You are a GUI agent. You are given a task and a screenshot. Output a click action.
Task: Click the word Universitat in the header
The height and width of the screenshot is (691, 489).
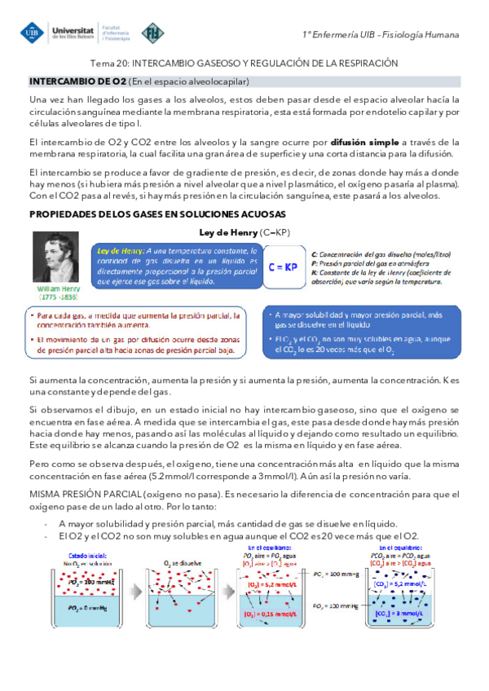(x=72, y=28)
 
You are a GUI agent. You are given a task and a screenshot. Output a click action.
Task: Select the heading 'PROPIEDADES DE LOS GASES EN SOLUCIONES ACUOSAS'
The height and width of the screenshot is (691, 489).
(x=156, y=214)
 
